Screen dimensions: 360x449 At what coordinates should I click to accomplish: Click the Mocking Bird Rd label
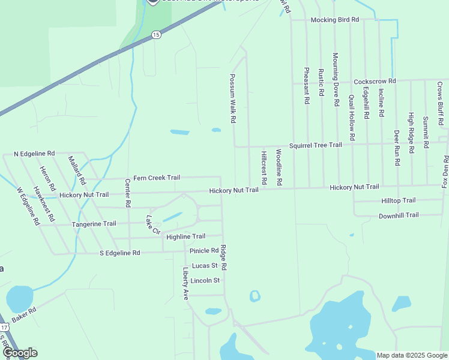click(334, 20)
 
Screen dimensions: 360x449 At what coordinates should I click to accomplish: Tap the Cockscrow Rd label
click(375, 81)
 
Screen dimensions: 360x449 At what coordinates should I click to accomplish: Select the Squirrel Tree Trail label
click(315, 145)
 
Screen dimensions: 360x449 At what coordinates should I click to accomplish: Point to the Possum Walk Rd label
click(232, 99)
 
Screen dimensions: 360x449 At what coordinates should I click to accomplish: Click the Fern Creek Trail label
click(156, 178)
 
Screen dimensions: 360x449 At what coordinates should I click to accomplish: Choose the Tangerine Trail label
click(94, 224)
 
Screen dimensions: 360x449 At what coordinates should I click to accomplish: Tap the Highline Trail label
click(185, 236)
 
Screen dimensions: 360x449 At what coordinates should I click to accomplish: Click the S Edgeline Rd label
click(119, 253)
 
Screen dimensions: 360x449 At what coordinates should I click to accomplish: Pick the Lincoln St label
click(205, 280)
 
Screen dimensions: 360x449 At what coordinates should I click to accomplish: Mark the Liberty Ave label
click(186, 284)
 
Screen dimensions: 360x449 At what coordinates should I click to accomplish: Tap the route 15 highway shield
click(156, 35)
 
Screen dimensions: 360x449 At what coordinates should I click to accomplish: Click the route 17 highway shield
click(4, 328)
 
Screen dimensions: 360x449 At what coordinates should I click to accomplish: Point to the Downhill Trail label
click(399, 215)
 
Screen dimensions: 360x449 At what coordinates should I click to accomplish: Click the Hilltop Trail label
click(398, 200)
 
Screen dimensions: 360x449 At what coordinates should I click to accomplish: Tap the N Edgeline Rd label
click(34, 154)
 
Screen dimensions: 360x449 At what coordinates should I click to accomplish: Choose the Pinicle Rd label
click(203, 251)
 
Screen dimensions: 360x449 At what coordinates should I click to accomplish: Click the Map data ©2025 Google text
click(412, 355)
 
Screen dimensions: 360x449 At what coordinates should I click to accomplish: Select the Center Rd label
click(128, 193)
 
